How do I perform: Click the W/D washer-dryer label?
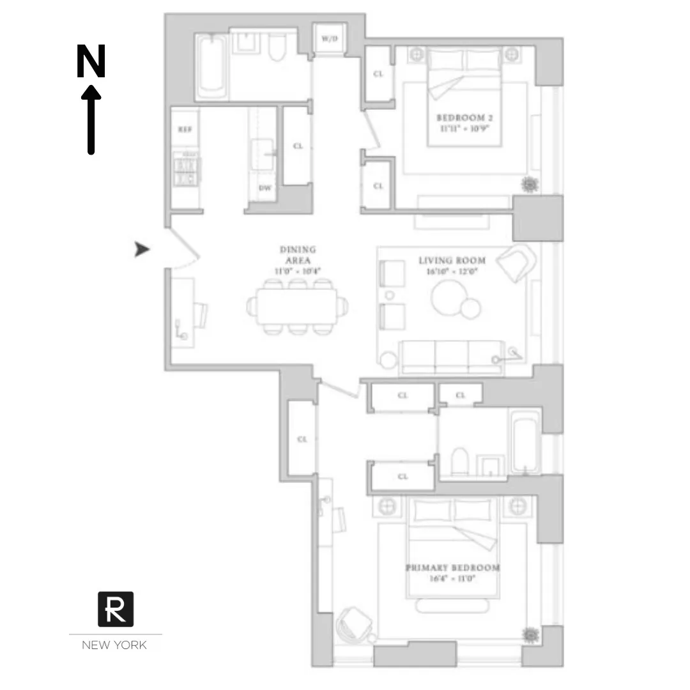(328, 39)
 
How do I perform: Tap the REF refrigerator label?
(185, 129)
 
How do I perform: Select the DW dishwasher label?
(263, 188)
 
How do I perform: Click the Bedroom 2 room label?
(464, 123)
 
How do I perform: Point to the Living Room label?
(452, 265)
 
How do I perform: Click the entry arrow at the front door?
(142, 250)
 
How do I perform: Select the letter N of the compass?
(91, 62)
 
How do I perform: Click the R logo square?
(116, 609)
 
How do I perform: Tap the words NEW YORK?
(114, 645)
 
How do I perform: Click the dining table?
(298, 307)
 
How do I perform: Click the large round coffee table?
(448, 298)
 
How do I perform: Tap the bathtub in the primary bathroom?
(525, 441)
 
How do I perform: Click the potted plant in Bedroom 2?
(529, 185)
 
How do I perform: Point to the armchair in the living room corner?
(516, 261)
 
